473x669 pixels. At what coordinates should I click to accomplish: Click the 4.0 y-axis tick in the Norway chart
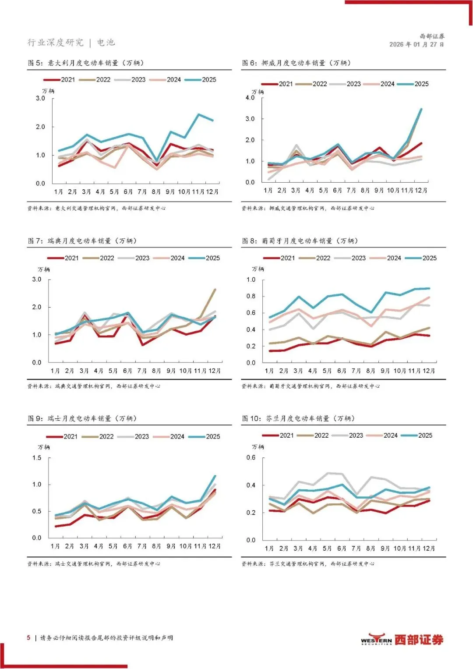click(x=250, y=98)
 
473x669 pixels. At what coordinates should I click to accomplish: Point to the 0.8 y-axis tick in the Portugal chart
click(x=251, y=296)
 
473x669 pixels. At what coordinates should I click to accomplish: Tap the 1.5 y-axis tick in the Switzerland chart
click(x=37, y=458)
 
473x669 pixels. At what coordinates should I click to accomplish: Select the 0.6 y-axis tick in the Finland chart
click(x=251, y=457)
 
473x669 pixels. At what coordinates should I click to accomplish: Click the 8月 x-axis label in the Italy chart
click(x=156, y=192)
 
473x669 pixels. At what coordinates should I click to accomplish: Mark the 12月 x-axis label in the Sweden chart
click(x=215, y=371)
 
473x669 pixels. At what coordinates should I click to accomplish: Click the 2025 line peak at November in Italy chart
click(x=199, y=115)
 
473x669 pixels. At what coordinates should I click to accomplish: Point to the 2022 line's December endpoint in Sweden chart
click(x=215, y=290)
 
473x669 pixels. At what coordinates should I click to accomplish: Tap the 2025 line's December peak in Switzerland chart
click(x=215, y=476)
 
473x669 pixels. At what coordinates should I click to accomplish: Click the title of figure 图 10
click(x=298, y=418)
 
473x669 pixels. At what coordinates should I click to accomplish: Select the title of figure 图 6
click(x=297, y=63)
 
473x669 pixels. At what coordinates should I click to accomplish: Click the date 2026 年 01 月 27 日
click(x=417, y=44)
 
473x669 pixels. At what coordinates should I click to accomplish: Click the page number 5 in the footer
click(x=28, y=637)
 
